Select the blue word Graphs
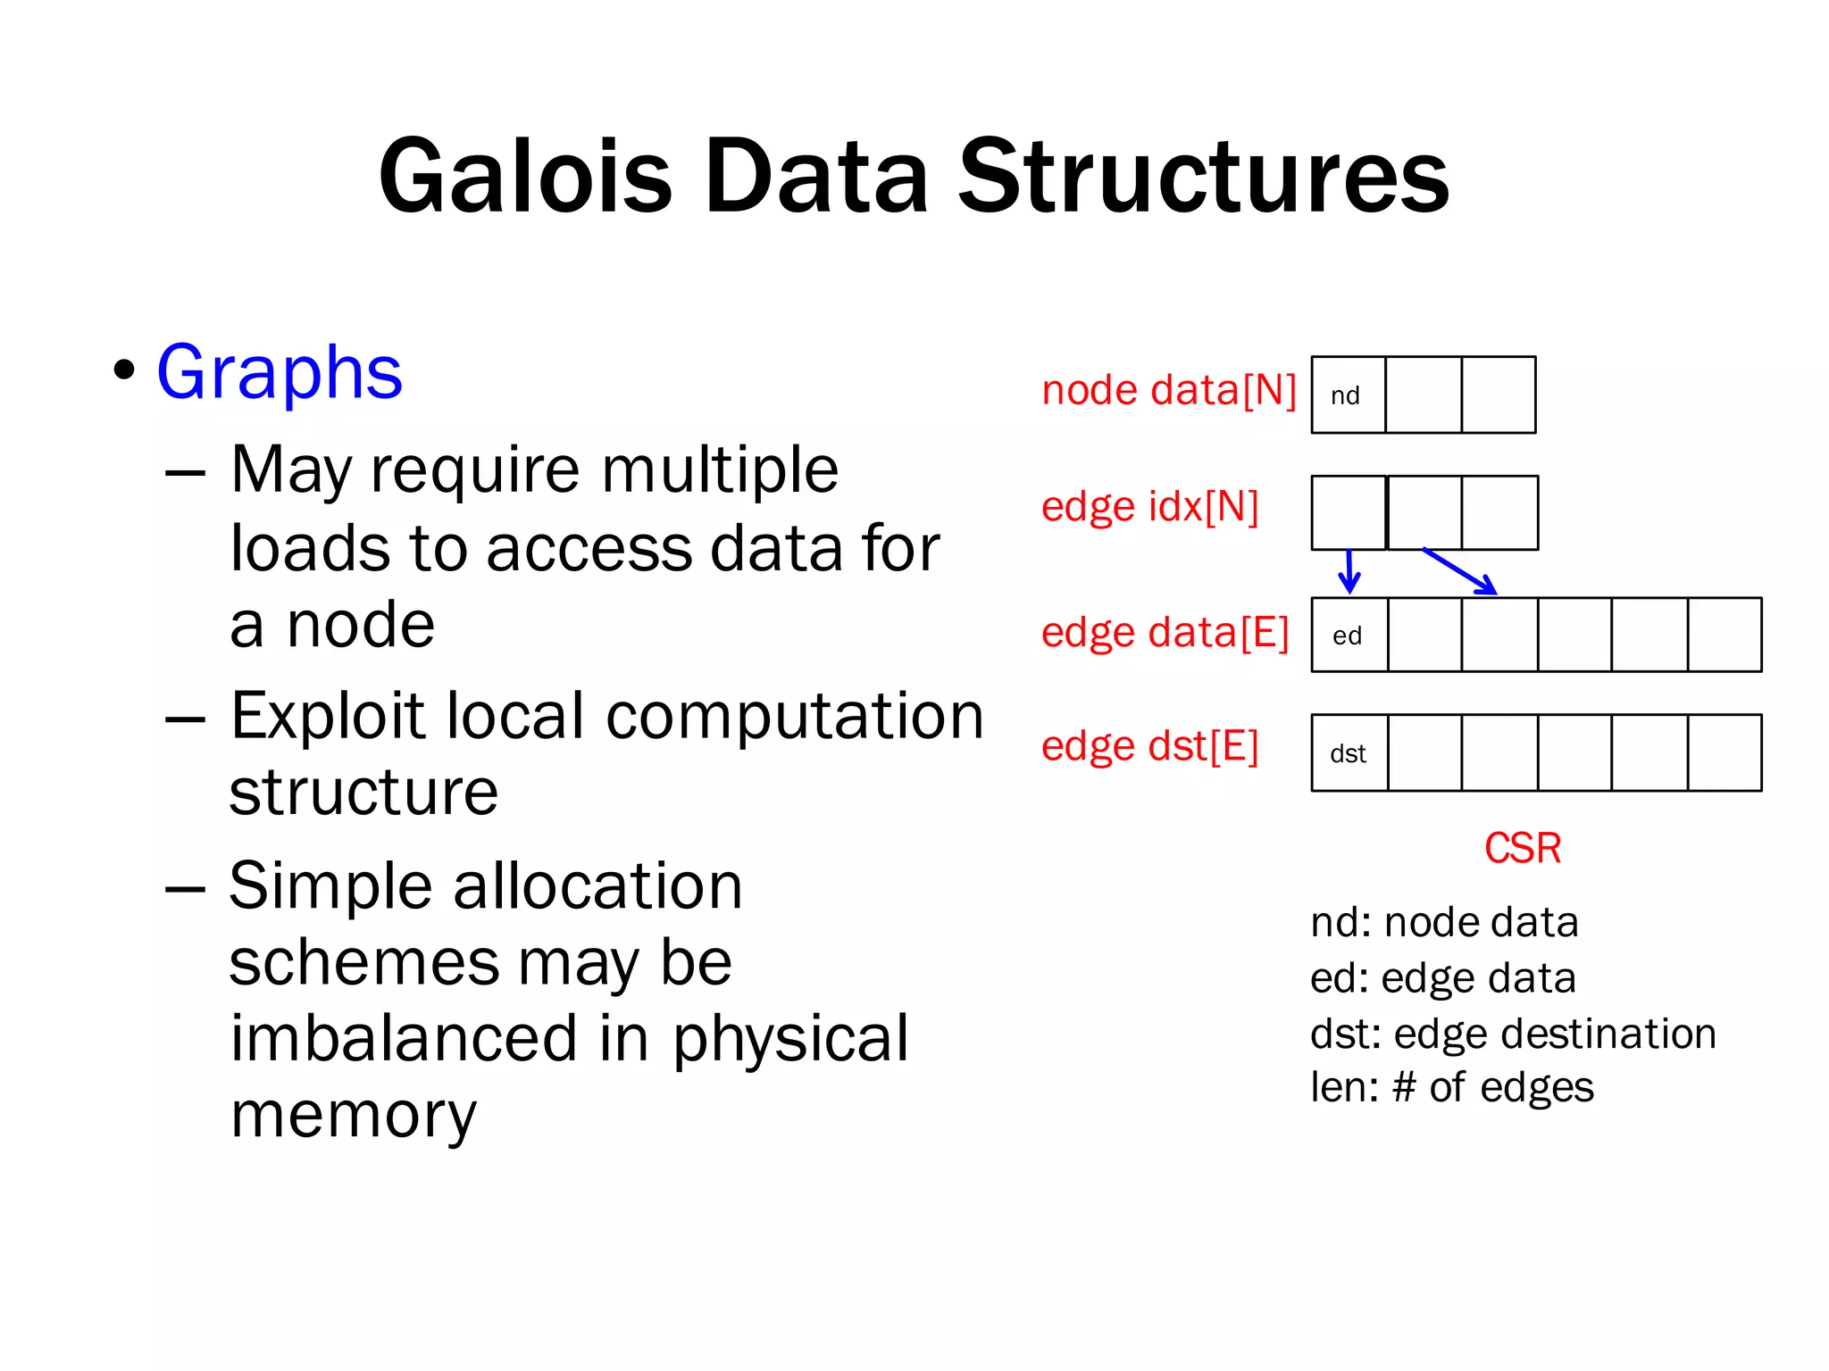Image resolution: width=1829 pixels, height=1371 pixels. (280, 372)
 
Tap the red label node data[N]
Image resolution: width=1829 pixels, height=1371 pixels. (1168, 391)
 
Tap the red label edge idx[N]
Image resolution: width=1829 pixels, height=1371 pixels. (1149, 507)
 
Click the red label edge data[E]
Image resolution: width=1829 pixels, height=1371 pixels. (1165, 633)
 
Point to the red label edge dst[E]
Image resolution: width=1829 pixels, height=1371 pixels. (1149, 746)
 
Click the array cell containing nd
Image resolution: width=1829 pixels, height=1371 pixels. (1348, 395)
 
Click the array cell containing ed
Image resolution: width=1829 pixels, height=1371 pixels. (1349, 636)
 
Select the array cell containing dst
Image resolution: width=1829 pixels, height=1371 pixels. (1349, 753)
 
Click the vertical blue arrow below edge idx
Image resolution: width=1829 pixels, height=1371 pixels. (1349, 571)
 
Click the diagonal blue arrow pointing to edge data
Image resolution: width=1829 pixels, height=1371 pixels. (1459, 571)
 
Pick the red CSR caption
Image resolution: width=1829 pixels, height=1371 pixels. (1522, 848)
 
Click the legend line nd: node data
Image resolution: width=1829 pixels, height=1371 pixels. (1443, 923)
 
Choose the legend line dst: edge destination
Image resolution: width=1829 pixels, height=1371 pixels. (1512, 1034)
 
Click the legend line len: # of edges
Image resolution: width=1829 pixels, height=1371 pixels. (1451, 1088)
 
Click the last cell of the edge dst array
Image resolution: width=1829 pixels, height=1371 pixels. (1725, 753)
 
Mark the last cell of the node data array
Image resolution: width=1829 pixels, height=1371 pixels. (1499, 395)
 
